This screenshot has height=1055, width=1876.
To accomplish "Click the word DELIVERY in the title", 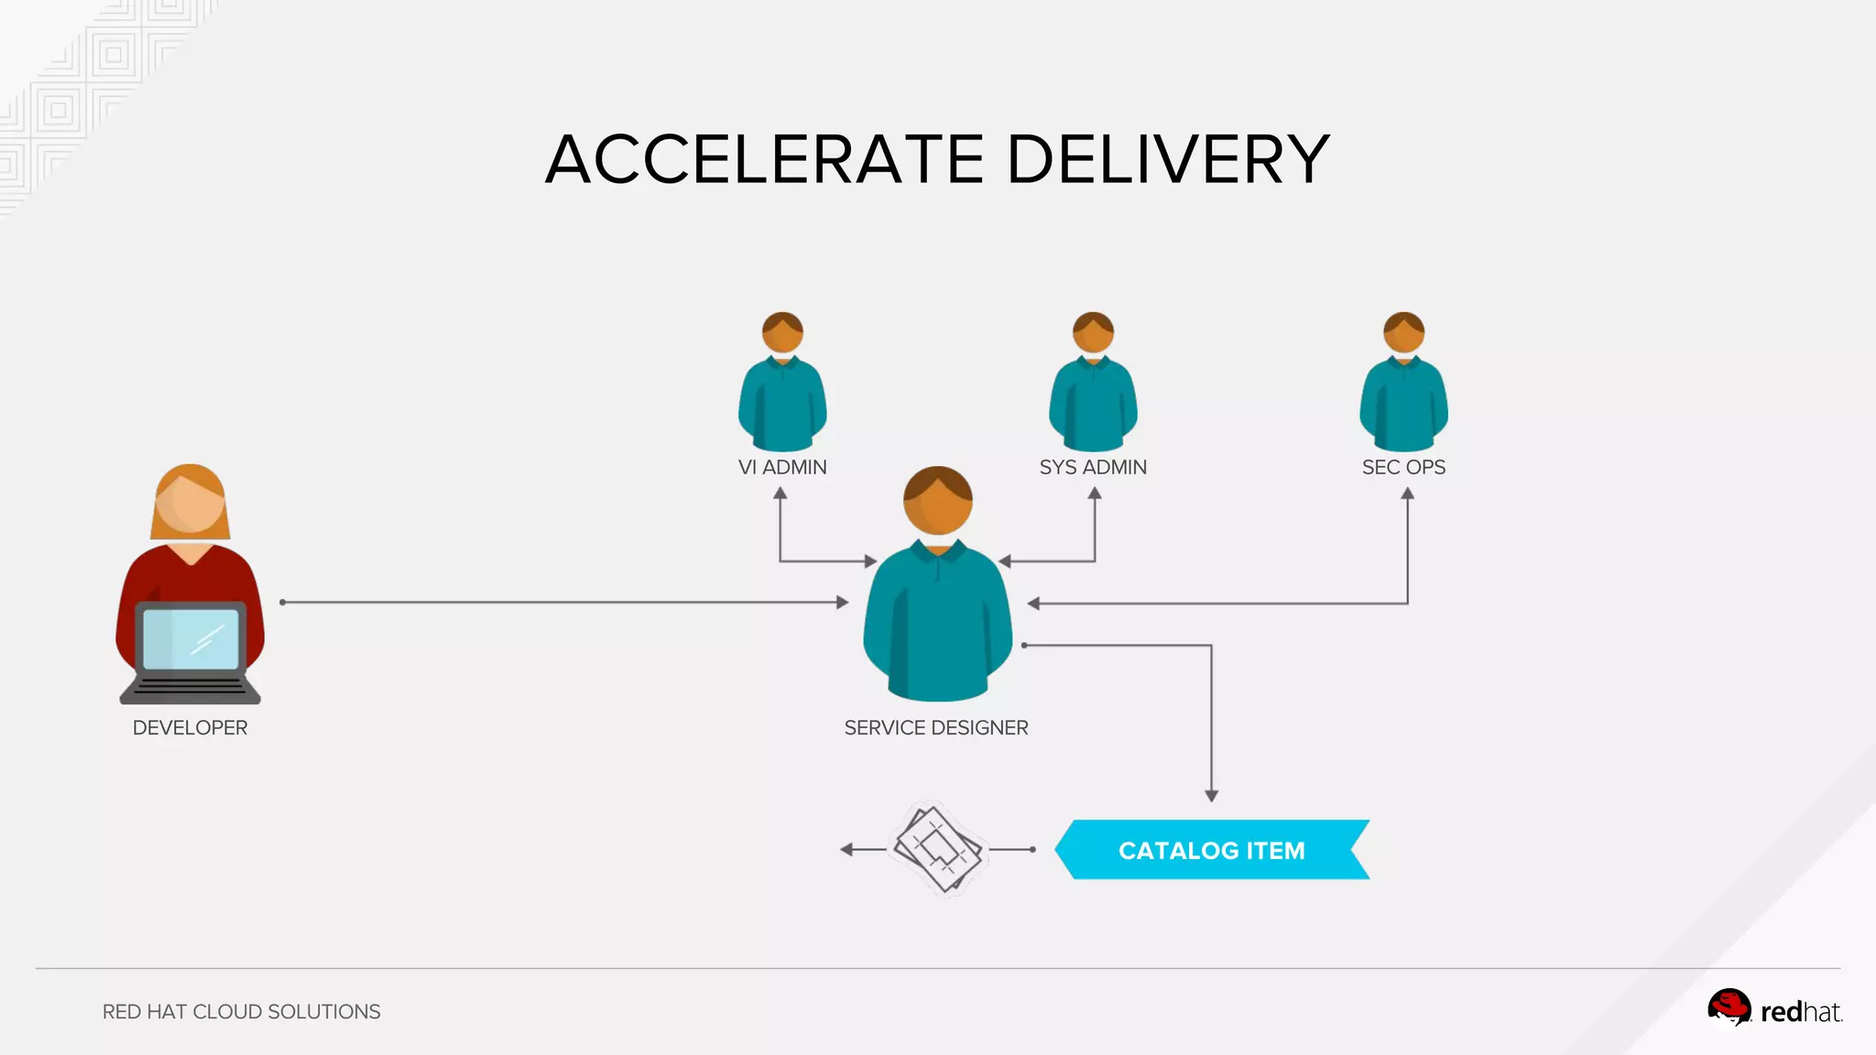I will click(x=1168, y=159).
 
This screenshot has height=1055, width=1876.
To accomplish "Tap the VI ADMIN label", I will click(x=782, y=467).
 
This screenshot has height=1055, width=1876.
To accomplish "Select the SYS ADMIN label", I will click(x=1093, y=467).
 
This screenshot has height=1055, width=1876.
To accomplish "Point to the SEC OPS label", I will click(x=1403, y=467).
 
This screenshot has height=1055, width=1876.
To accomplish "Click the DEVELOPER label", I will click(x=190, y=728).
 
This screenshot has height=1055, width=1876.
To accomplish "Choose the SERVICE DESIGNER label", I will click(x=936, y=728).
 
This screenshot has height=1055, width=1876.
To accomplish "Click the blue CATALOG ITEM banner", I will click(x=1211, y=850).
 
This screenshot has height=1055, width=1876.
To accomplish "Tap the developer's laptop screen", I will click(x=191, y=638).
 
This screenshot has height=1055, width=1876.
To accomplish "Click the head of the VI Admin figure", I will click(x=782, y=332).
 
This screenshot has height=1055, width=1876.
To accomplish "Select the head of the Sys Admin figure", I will click(x=1093, y=332).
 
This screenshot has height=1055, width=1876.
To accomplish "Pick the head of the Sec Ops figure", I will click(x=1403, y=332).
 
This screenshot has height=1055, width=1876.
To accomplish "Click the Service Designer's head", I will click(x=937, y=501).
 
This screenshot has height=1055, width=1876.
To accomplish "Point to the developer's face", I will click(x=191, y=503).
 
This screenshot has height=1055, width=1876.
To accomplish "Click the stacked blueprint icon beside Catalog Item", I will click(x=937, y=849).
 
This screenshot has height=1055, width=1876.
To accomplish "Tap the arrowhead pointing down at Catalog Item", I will click(x=1211, y=796).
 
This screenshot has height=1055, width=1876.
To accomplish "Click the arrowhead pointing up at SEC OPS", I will click(x=1407, y=494).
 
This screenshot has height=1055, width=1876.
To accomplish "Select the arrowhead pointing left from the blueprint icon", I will click(x=846, y=850).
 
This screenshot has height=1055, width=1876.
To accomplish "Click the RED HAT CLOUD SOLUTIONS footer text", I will click(x=241, y=1012).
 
